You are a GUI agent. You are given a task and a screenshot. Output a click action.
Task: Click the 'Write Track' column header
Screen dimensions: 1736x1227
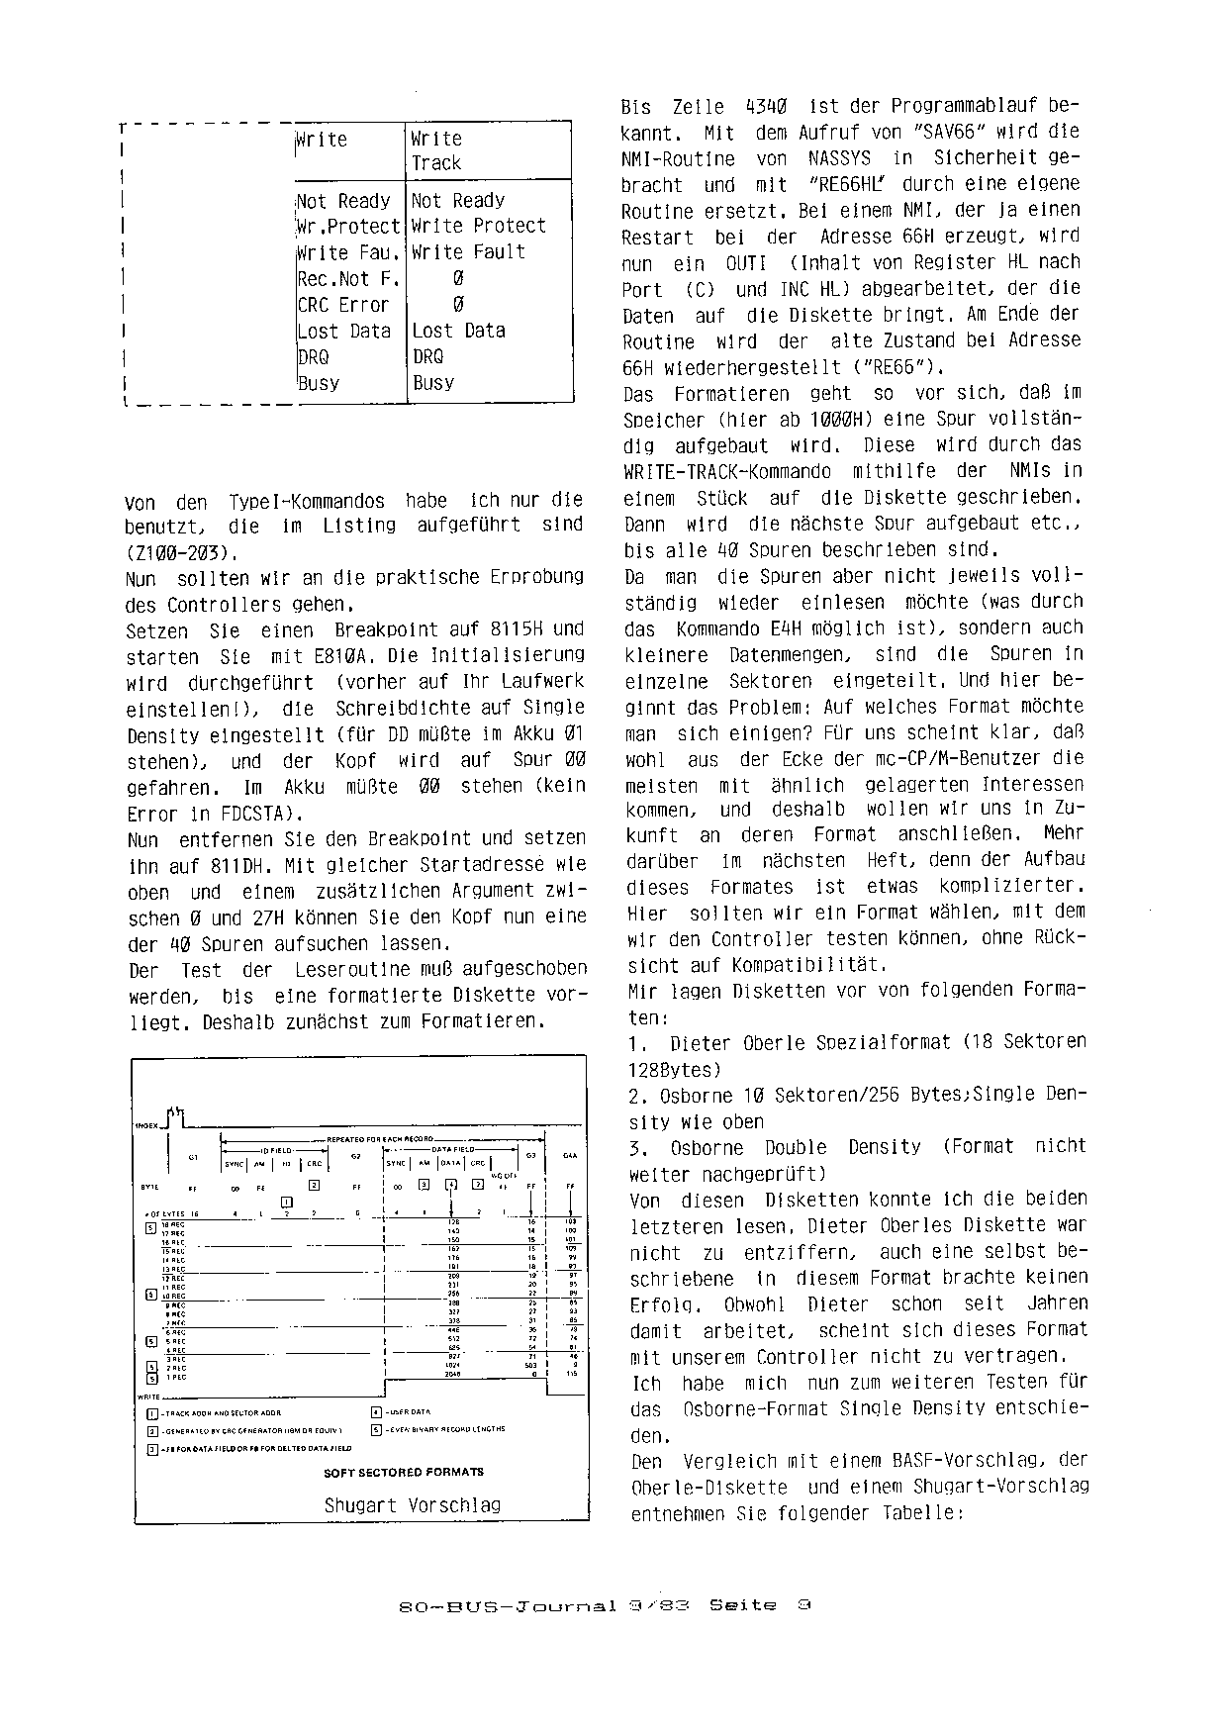[x=436, y=150]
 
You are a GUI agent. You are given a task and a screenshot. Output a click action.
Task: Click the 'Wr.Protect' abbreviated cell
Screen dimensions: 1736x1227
[x=348, y=227]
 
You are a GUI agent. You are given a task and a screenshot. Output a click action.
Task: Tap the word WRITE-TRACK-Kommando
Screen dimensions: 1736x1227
[x=727, y=472]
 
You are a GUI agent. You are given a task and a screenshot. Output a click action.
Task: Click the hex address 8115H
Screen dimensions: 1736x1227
[x=521, y=629]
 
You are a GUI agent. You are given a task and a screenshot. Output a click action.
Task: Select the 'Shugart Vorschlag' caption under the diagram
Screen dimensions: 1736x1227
[x=412, y=1504]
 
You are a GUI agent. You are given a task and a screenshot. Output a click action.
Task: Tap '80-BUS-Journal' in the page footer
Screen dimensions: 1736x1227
[x=508, y=1605]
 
